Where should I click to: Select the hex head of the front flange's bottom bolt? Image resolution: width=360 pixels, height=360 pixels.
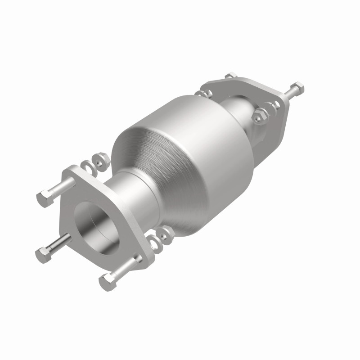(107, 282)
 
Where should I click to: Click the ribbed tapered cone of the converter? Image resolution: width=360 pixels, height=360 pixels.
(135, 148)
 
